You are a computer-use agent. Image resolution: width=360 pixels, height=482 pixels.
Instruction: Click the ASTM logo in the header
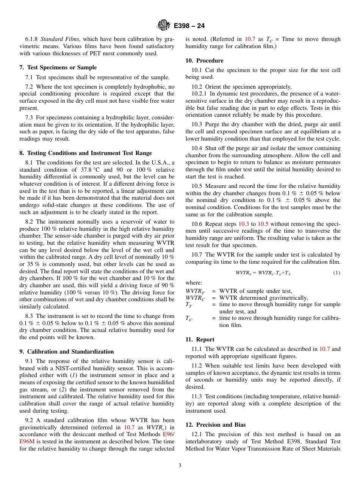(x=164, y=25)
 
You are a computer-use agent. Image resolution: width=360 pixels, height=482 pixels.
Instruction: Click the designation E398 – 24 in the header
(x=189, y=26)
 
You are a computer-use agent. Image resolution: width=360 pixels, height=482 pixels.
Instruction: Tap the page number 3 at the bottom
(x=180, y=466)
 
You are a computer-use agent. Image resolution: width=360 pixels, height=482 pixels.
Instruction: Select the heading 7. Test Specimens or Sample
(x=58, y=67)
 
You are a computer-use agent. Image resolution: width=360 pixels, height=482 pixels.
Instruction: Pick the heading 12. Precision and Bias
(x=215, y=425)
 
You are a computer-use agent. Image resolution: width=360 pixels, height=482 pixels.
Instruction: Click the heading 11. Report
(x=200, y=340)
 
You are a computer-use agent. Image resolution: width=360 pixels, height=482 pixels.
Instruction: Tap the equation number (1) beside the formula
(x=337, y=273)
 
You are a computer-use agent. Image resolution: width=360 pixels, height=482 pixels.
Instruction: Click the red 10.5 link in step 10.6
(x=263, y=224)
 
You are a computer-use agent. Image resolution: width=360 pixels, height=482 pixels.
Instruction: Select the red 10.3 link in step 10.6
(x=244, y=224)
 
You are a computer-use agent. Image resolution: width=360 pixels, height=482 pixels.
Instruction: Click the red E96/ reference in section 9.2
(x=168, y=435)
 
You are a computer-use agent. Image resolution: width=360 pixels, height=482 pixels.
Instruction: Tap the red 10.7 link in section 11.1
(x=324, y=349)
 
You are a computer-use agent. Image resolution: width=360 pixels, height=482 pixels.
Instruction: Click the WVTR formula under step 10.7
(x=263, y=273)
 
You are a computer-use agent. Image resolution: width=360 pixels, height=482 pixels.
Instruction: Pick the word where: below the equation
(x=194, y=283)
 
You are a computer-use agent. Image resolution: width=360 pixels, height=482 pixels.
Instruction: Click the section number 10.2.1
(x=199, y=94)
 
